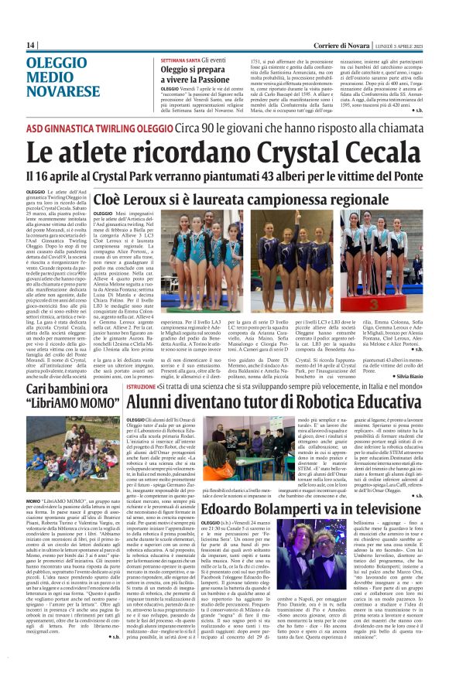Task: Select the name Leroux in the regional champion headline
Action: (181, 199)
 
